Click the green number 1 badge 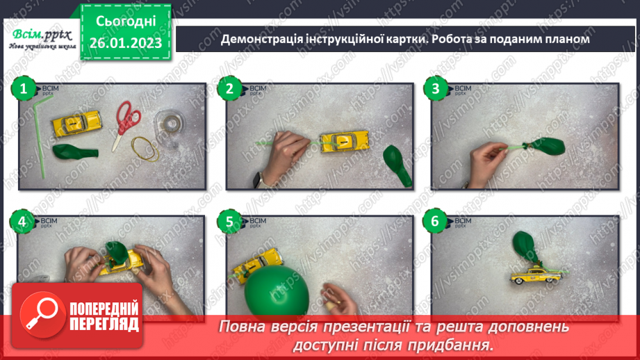pyautogui.click(x=23, y=89)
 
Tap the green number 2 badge pyautogui.click(x=229, y=89)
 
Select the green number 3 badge pyautogui.click(x=436, y=89)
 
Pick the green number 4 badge pyautogui.click(x=23, y=222)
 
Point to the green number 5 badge pyautogui.click(x=229, y=222)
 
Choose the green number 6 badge pyautogui.click(x=436, y=222)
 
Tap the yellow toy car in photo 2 pyautogui.click(x=342, y=141)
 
